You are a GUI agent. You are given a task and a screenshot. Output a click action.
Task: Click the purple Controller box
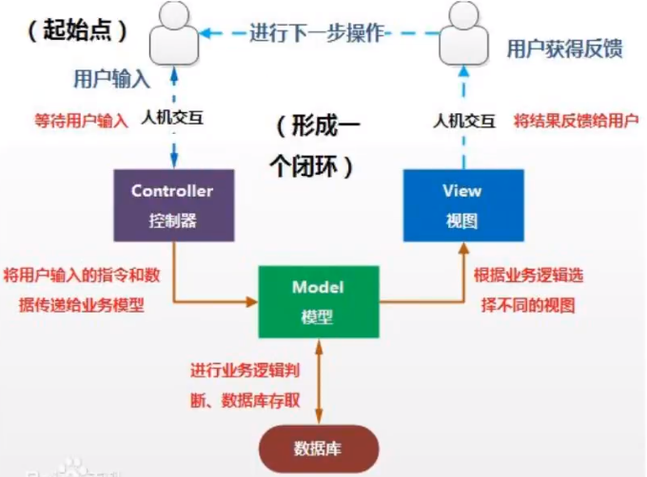pos(172,204)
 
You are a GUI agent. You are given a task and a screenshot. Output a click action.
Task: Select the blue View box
pos(461,204)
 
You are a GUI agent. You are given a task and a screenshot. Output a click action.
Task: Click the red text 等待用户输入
pos(76,122)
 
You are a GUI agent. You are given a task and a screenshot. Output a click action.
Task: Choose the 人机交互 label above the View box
pos(462,120)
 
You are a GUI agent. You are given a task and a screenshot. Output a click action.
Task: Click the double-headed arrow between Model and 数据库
pos(319,381)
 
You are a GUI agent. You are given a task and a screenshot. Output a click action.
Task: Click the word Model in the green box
pos(319,288)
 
